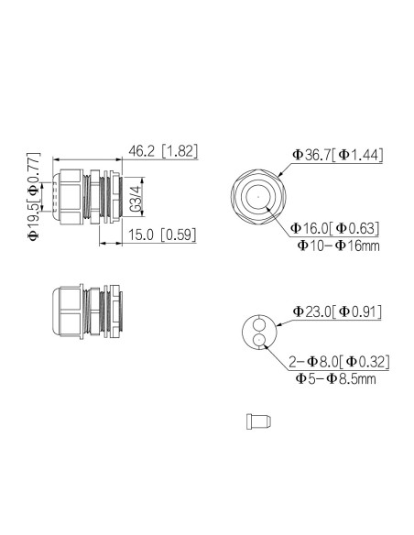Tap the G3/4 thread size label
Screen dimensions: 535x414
click(134, 196)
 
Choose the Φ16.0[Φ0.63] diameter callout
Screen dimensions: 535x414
click(335, 228)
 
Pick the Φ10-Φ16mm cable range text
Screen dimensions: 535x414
click(337, 246)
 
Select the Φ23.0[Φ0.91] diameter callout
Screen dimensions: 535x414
click(337, 312)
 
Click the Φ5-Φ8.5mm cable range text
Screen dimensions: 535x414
click(336, 378)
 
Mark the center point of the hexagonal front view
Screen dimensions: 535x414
click(258, 196)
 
